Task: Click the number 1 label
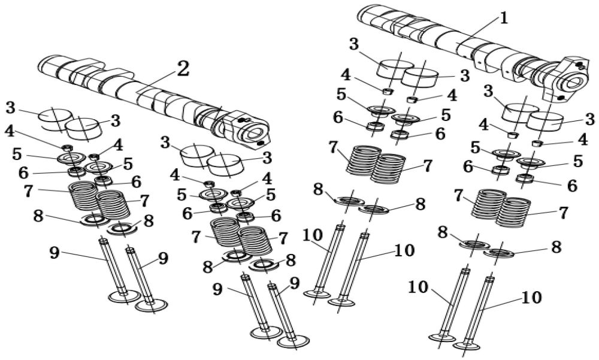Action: pyautogui.click(x=504, y=17)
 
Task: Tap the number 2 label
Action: pyautogui.click(x=182, y=69)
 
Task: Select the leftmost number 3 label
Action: pyautogui.click(x=10, y=108)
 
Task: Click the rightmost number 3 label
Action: pyautogui.click(x=589, y=119)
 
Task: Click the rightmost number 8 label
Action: pyautogui.click(x=556, y=247)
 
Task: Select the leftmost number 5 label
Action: pyautogui.click(x=17, y=153)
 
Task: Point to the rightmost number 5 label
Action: pyautogui.click(x=577, y=161)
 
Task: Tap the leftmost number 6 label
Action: pyautogui.click(x=23, y=173)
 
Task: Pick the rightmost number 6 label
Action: pyautogui.click(x=572, y=186)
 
